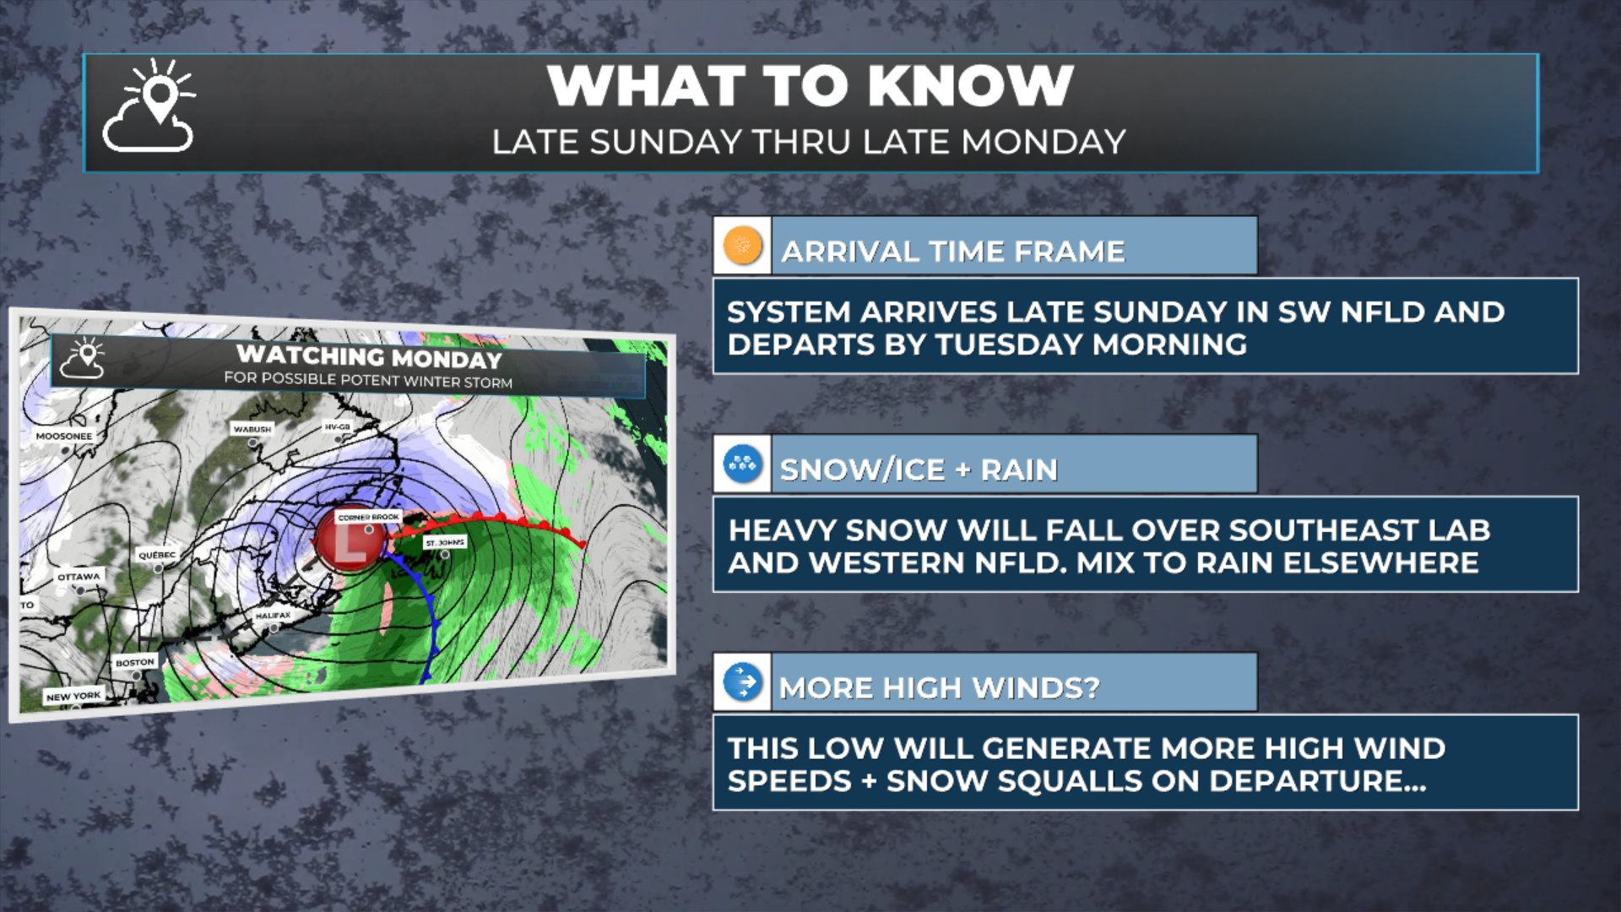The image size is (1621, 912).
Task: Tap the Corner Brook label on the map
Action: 368,517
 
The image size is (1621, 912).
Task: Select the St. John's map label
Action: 444,542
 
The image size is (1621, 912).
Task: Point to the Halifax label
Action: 273,616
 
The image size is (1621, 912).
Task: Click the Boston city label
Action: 135,662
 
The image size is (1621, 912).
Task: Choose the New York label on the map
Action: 73,697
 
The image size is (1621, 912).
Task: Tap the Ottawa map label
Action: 79,577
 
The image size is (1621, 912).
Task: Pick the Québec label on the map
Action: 157,555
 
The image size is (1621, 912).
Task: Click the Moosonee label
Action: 64,437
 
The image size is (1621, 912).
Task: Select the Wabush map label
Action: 252,429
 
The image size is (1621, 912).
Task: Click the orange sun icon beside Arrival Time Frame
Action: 743,246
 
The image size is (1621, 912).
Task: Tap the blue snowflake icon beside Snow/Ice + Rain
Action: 743,464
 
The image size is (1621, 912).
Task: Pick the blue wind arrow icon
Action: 743,681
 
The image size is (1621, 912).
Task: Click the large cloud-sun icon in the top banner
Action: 149,106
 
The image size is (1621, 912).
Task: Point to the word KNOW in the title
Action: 970,86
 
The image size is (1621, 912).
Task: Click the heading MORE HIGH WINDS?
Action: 939,687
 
